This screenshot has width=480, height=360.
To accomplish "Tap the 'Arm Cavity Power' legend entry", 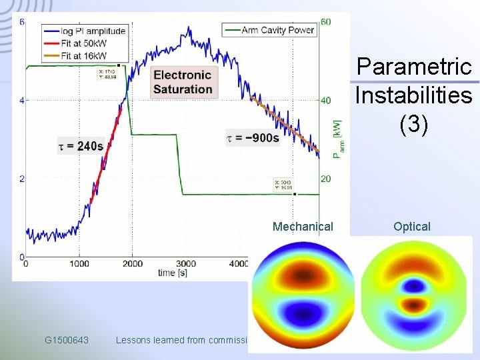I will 277,30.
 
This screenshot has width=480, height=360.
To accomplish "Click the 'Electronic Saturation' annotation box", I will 183,82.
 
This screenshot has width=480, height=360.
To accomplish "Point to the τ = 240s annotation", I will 81,146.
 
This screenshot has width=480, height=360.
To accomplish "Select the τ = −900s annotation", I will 253,138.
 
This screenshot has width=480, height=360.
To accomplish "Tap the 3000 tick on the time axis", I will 185,264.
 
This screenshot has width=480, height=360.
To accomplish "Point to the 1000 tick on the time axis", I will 79,264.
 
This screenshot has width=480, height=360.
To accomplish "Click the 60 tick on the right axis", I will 325,22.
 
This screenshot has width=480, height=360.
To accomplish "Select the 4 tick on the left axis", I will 21,101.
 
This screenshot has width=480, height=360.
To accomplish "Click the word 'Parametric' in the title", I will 414,67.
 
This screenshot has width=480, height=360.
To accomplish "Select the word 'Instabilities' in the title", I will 413,95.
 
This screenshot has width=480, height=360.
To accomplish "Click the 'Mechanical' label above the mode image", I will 303,227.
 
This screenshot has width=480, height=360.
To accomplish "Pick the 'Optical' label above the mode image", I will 412,227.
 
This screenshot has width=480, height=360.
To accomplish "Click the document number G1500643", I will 67,340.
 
